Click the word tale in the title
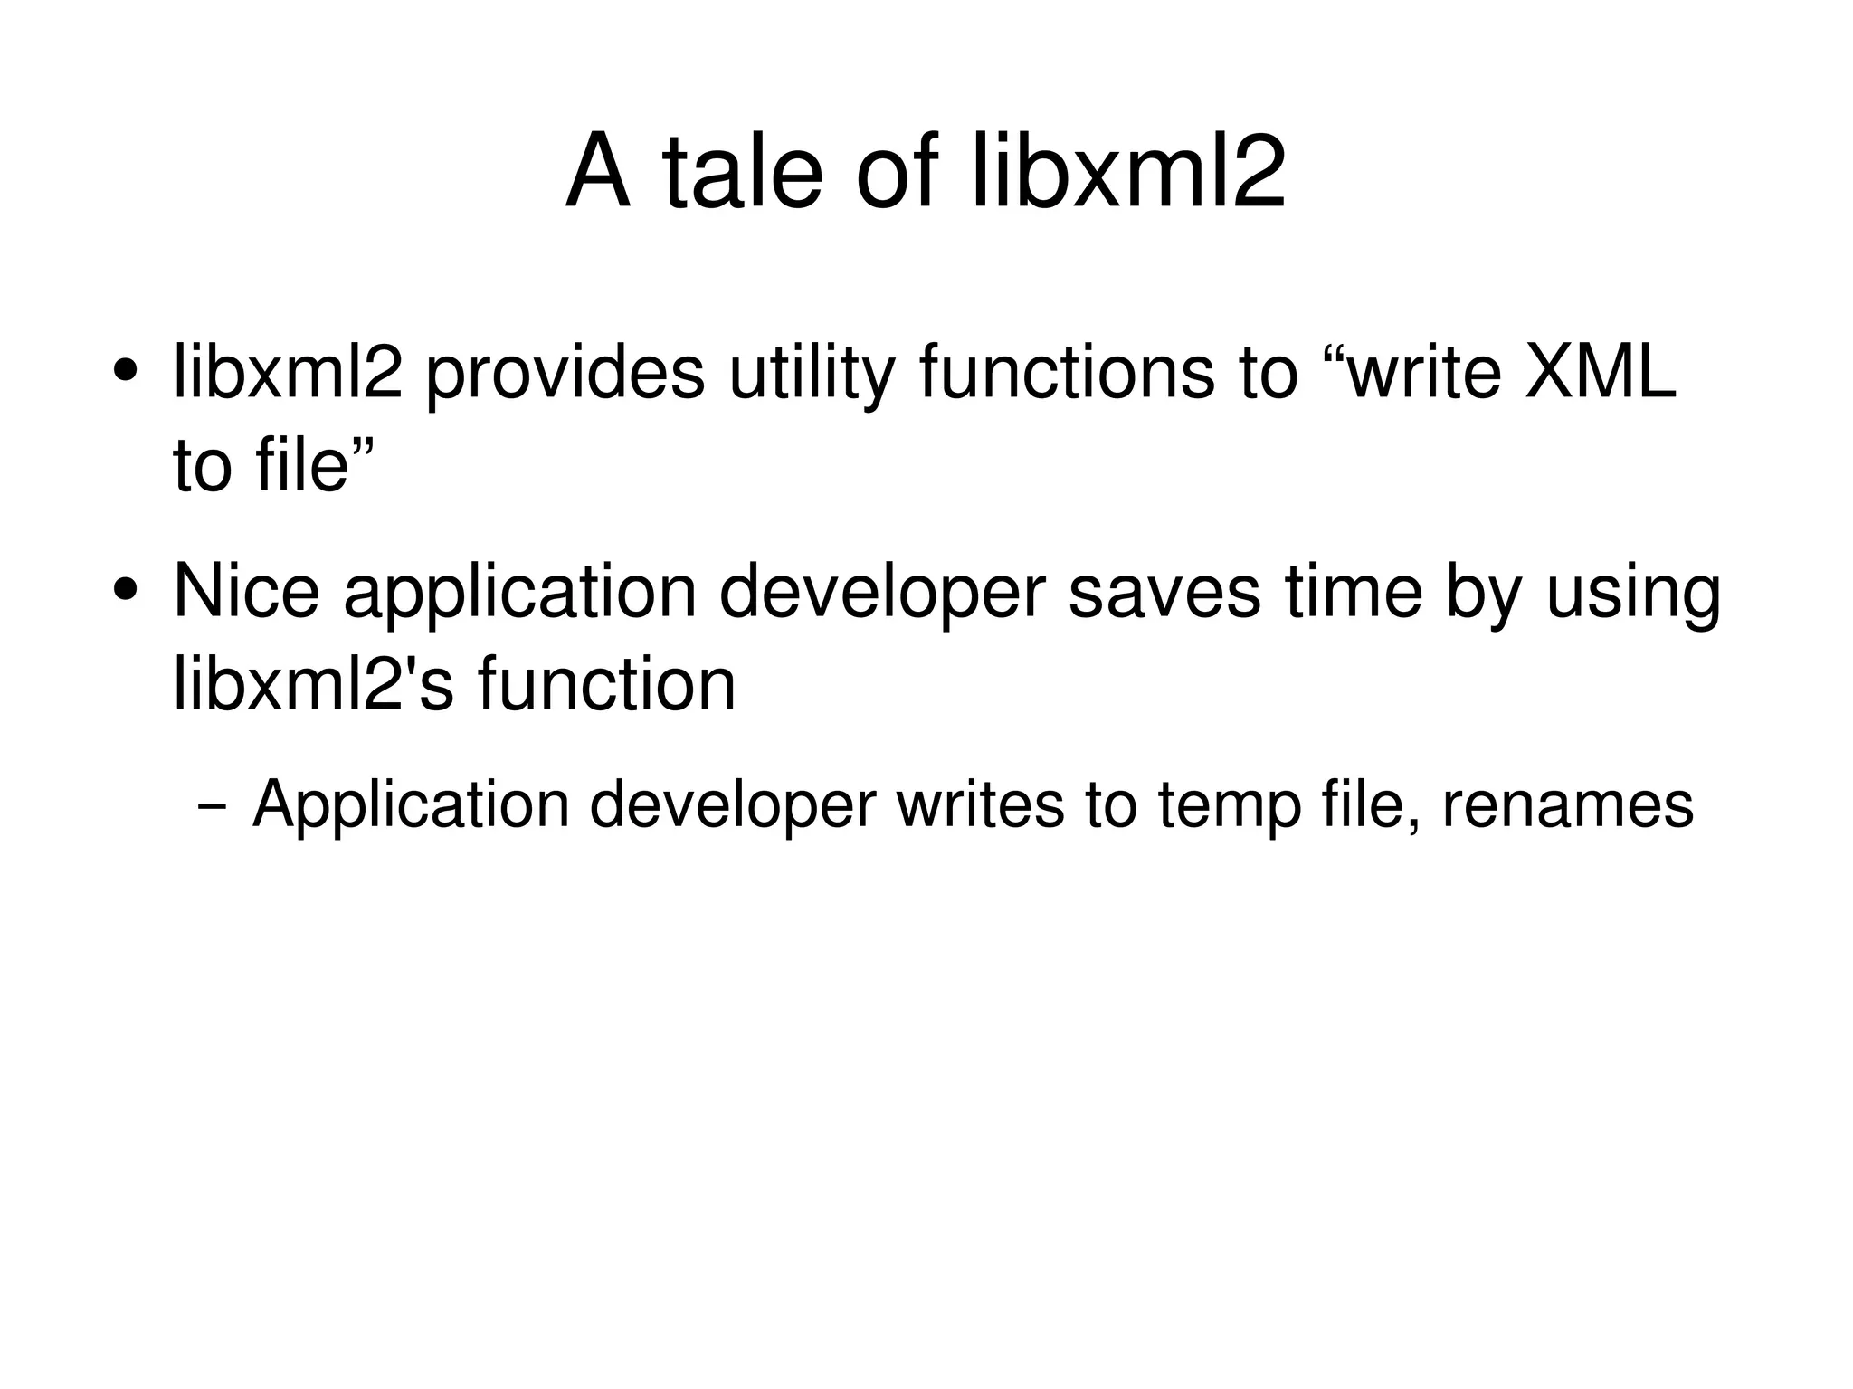point(742,172)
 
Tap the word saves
point(1164,593)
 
